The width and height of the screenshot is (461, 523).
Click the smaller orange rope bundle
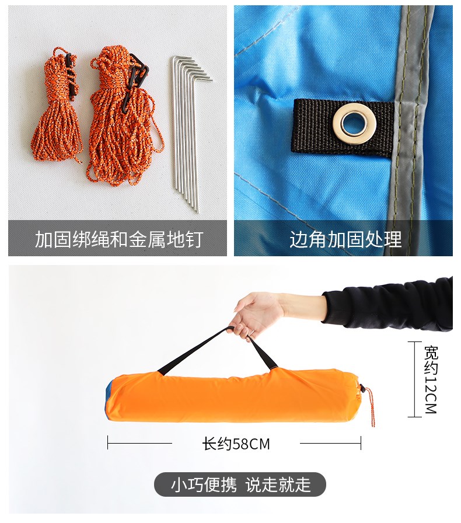pos(57,110)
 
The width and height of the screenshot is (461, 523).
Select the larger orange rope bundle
pos(124,117)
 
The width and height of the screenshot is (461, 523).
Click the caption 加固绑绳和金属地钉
pos(119,239)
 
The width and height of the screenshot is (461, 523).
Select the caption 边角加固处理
pos(345,239)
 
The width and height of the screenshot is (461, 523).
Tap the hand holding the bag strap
pos(257,313)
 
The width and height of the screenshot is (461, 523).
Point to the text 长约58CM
pos(236,444)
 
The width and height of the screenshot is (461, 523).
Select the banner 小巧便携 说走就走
pos(240,484)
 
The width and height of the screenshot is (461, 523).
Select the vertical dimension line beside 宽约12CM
pos(415,379)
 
